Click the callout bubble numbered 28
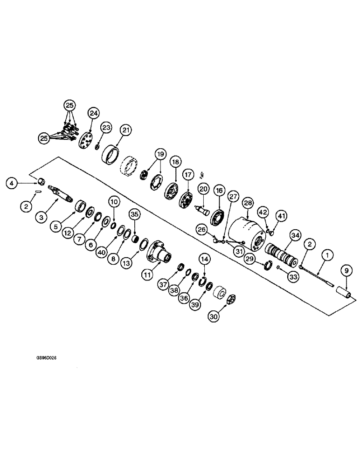click(247, 204)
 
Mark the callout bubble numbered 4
click(12, 184)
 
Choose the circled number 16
click(219, 191)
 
